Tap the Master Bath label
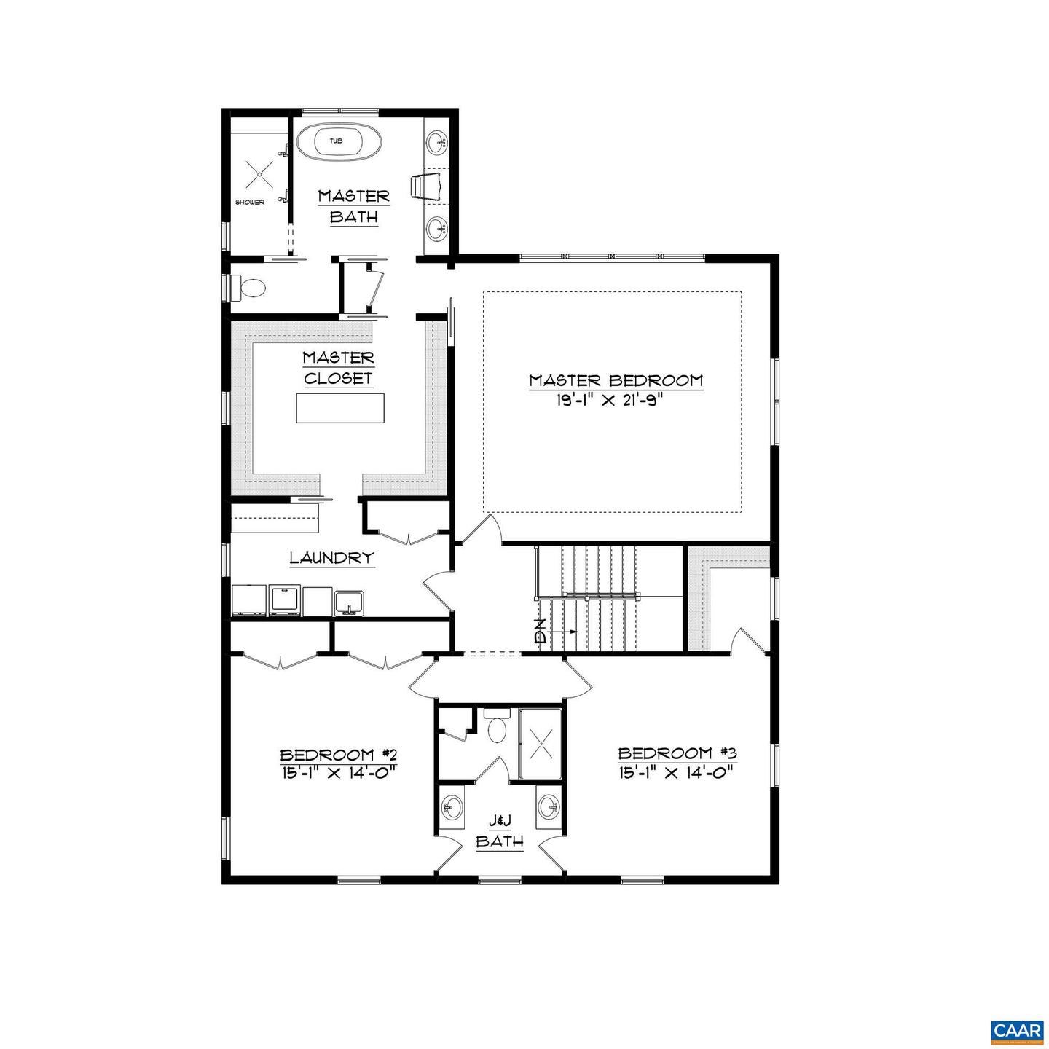coord(353,206)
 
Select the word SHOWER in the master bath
coord(249,202)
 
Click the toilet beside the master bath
coord(248,288)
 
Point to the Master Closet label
coord(338,368)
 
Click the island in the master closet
coord(340,407)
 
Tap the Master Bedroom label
coord(616,380)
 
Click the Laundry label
coord(331,558)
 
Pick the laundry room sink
coord(349,602)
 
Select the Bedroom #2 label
coord(337,753)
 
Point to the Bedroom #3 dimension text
coord(674,772)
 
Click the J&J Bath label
coord(500,831)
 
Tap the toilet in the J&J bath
coord(498,728)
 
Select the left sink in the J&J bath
coord(452,807)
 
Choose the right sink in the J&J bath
coord(549,807)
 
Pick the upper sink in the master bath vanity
coord(437,141)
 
